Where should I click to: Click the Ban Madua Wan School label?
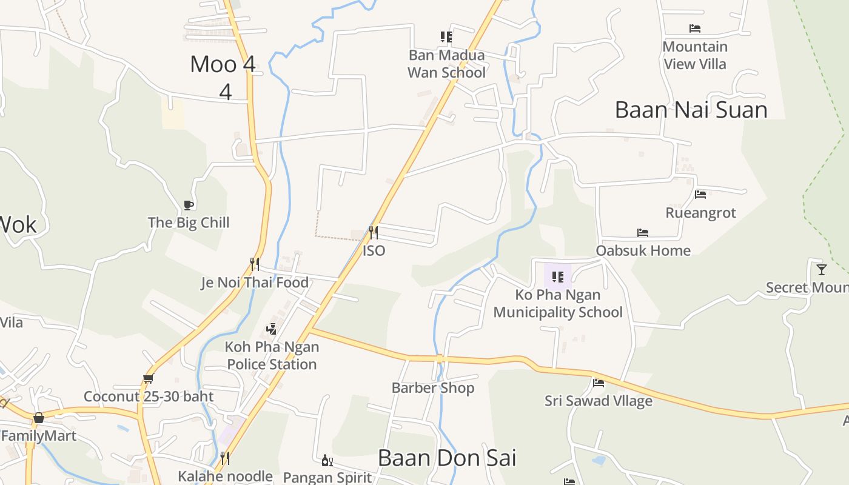point(447,64)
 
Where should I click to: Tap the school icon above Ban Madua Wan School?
point(446,37)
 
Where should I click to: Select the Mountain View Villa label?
point(695,55)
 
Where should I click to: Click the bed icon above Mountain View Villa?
point(695,28)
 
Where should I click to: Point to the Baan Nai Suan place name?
point(691,110)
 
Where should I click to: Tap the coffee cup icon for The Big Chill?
point(188,205)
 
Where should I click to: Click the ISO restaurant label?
point(374,250)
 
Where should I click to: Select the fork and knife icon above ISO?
point(374,233)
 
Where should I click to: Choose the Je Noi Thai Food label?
point(255,283)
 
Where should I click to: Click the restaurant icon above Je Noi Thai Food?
point(255,264)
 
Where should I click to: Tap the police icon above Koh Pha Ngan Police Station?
point(272,329)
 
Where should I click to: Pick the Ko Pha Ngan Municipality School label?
point(558,304)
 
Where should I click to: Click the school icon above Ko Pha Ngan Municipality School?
point(558,278)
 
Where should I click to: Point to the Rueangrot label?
point(700,213)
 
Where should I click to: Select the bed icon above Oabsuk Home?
point(643,233)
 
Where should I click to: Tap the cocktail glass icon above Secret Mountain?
point(822,269)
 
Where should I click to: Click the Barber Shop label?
point(433,388)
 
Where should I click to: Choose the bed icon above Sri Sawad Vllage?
point(599,383)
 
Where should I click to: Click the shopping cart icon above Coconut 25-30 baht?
point(148,379)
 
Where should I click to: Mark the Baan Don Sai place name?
point(447,458)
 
